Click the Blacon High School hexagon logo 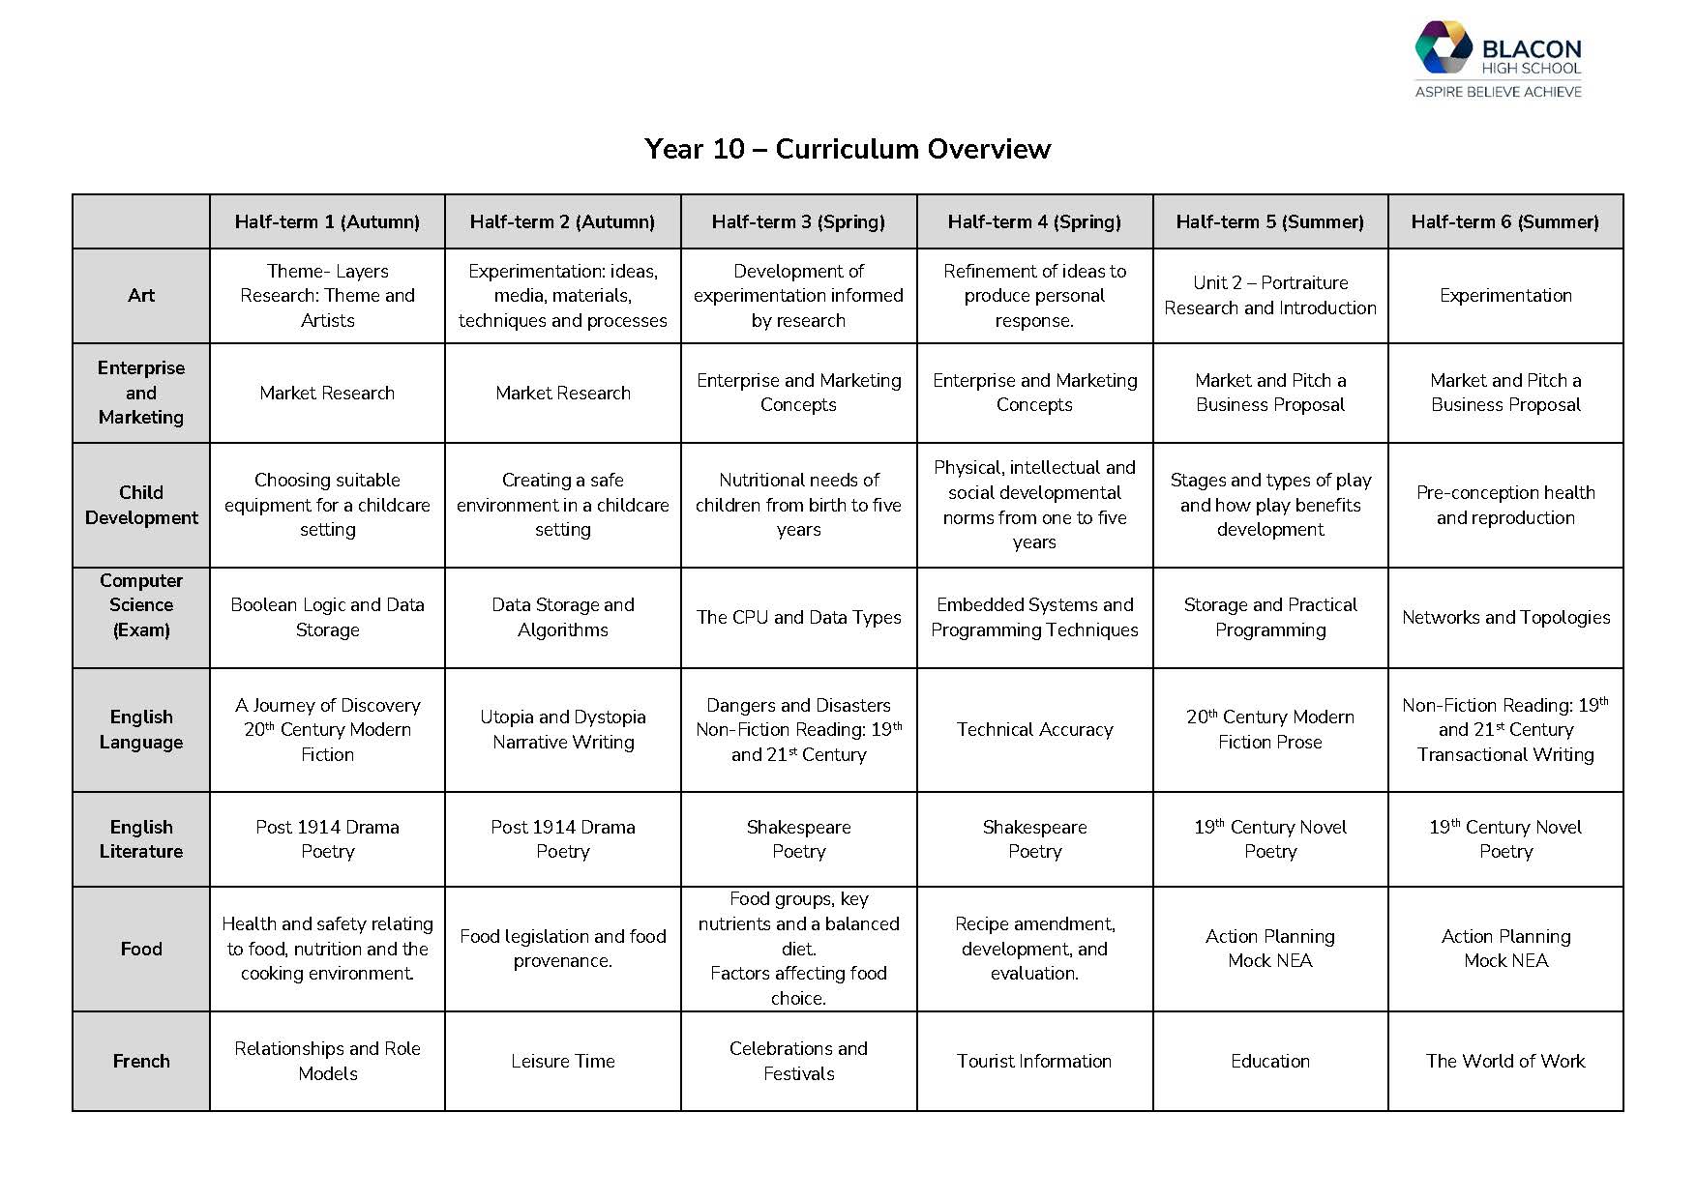[1444, 46]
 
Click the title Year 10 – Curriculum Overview [848, 149]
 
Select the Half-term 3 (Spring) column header [798, 221]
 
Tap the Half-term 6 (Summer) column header [1504, 221]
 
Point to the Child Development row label [141, 505]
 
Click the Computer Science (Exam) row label [141, 605]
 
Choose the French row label [141, 1061]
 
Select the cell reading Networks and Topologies [1505, 617]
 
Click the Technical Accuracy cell [1034, 729]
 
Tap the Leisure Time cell [563, 1061]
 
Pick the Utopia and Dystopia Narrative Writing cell [563, 729]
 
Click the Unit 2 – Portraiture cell [1270, 295]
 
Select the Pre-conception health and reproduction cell [1505, 505]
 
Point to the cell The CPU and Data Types [798, 617]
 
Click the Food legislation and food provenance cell [563, 949]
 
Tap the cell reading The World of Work [1505, 1061]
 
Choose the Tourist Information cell [1034, 1061]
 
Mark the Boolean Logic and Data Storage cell [327, 617]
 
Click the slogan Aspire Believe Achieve [1499, 92]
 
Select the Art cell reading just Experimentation [1505, 295]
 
